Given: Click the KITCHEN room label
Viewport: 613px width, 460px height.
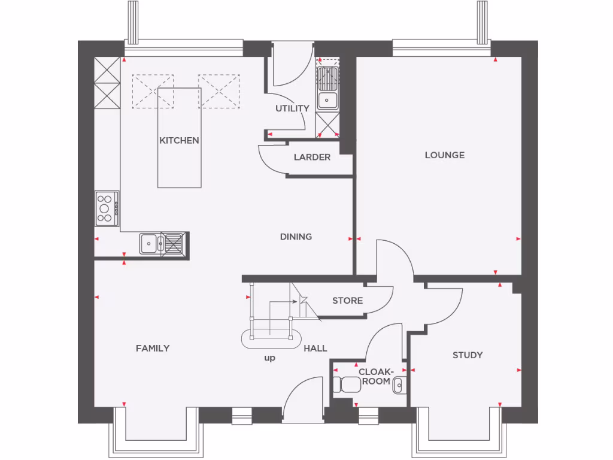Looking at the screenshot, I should (179, 141).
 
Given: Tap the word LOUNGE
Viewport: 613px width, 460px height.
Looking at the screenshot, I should (444, 155).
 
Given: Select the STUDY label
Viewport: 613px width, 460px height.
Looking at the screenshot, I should (467, 355).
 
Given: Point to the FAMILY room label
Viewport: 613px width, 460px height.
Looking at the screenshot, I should (152, 348).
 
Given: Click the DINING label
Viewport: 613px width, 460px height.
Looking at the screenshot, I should (296, 237).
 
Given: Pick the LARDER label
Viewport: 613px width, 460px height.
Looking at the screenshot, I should (312, 158).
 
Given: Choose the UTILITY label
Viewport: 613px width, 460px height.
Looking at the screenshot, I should (292, 108).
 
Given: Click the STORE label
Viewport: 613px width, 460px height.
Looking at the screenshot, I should (347, 300).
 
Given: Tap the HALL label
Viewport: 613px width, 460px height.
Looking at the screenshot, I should (315, 348).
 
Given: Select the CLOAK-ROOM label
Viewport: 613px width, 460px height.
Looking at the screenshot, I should (375, 376).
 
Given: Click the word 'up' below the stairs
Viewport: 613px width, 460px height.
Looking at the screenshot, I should (269, 358).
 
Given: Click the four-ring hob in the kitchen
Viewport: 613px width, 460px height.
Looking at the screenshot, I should (106, 208).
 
